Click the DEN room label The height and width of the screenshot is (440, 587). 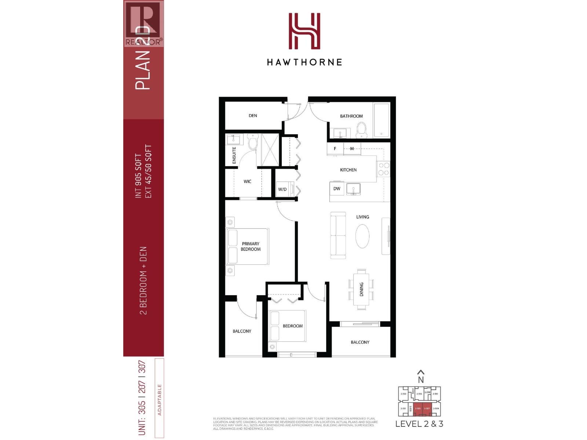click(253, 115)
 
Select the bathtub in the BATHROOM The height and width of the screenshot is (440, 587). click(382, 120)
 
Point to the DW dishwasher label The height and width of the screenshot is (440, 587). click(337, 189)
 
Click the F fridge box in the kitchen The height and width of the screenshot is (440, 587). click(335, 149)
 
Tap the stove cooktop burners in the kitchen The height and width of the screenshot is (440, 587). click(384, 169)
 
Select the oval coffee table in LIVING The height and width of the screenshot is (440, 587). click(362, 236)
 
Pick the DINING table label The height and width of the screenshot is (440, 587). click(361, 289)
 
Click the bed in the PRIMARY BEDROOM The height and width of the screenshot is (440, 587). click(248, 246)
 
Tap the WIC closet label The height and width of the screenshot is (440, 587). click(248, 181)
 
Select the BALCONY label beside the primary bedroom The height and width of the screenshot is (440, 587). click(242, 331)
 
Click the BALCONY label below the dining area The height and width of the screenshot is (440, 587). click(360, 342)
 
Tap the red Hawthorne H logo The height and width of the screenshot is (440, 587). click(304, 31)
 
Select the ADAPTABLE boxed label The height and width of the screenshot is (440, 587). click(160, 399)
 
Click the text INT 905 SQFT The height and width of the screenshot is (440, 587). click(138, 176)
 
